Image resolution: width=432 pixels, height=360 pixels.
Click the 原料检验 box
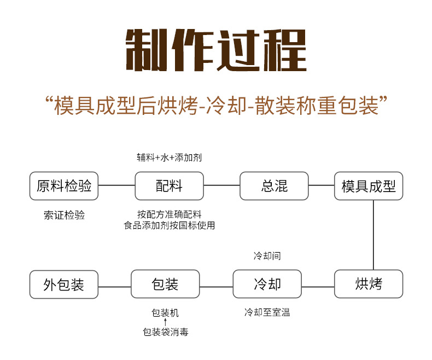click(x=64, y=185)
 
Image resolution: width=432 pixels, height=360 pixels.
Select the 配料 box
click(x=169, y=185)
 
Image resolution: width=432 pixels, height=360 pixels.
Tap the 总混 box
click(x=274, y=185)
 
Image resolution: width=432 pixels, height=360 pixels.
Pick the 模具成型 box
click(x=369, y=185)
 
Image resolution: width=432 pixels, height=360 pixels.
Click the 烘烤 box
click(x=369, y=284)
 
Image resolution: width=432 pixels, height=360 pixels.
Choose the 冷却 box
click(x=267, y=284)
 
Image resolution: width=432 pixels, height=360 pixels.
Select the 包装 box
click(x=165, y=284)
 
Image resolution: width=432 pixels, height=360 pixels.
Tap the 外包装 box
click(x=64, y=284)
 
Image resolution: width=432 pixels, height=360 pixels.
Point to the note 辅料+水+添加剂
click(x=169, y=158)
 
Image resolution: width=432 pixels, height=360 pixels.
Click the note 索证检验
click(x=64, y=215)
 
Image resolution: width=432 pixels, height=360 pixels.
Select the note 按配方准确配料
click(x=169, y=214)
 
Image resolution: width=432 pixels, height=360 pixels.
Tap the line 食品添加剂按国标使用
click(x=169, y=225)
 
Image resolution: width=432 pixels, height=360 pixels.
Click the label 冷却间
click(x=267, y=256)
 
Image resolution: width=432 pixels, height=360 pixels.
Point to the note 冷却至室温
click(x=267, y=312)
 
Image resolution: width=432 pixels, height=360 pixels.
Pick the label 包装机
click(x=165, y=313)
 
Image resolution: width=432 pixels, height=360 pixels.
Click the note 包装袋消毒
click(x=165, y=332)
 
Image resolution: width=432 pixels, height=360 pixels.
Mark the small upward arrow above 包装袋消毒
click(x=165, y=322)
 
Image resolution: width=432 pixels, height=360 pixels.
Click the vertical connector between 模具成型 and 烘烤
click(x=373, y=235)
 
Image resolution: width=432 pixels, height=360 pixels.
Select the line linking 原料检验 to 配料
click(x=116, y=185)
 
